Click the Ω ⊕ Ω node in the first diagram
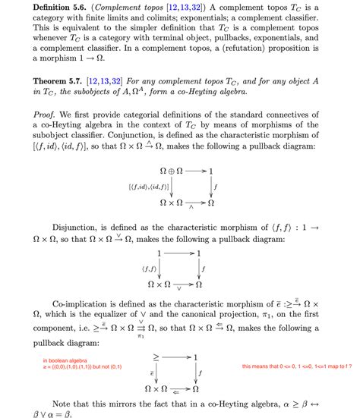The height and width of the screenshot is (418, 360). click(175, 171)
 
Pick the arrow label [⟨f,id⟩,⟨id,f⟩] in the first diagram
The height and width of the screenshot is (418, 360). click(142, 187)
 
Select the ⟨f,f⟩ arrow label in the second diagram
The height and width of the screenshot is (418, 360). click(149, 269)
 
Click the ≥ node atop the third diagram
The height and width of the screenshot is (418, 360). click(157, 356)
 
